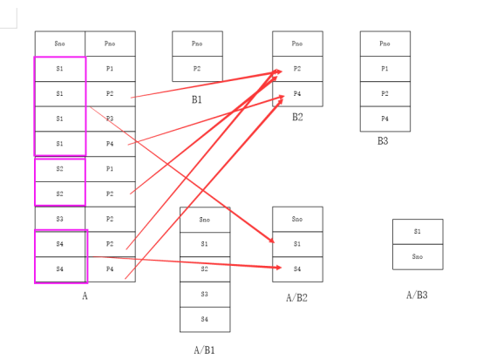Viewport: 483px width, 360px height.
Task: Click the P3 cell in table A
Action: [110, 119]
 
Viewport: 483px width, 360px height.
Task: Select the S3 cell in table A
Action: [59, 219]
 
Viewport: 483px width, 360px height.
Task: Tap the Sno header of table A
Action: [59, 44]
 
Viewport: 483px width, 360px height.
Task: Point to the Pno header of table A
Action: [110, 44]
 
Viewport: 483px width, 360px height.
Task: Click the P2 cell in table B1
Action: [197, 69]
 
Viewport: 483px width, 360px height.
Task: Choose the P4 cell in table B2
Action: [297, 93]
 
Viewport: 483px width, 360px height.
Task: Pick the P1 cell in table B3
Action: [384, 69]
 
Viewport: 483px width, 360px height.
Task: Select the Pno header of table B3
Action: [384, 44]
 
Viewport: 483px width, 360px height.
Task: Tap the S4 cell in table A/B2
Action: [297, 269]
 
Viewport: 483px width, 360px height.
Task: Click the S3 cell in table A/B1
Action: [205, 295]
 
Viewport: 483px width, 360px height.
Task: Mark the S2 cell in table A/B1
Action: [205, 269]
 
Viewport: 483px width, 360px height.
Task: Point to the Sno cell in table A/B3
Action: [418, 257]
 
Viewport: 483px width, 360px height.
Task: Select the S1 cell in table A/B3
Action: [418, 232]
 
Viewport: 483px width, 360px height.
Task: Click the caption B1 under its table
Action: [197, 100]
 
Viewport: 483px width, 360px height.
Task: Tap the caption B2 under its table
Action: [297, 117]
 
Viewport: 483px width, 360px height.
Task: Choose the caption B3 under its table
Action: [383, 141]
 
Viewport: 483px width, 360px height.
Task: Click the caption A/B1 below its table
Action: [204, 350]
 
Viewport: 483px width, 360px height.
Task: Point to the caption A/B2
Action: [296, 298]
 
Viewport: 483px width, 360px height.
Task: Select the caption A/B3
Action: [417, 295]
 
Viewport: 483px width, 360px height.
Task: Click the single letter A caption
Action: [85, 296]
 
